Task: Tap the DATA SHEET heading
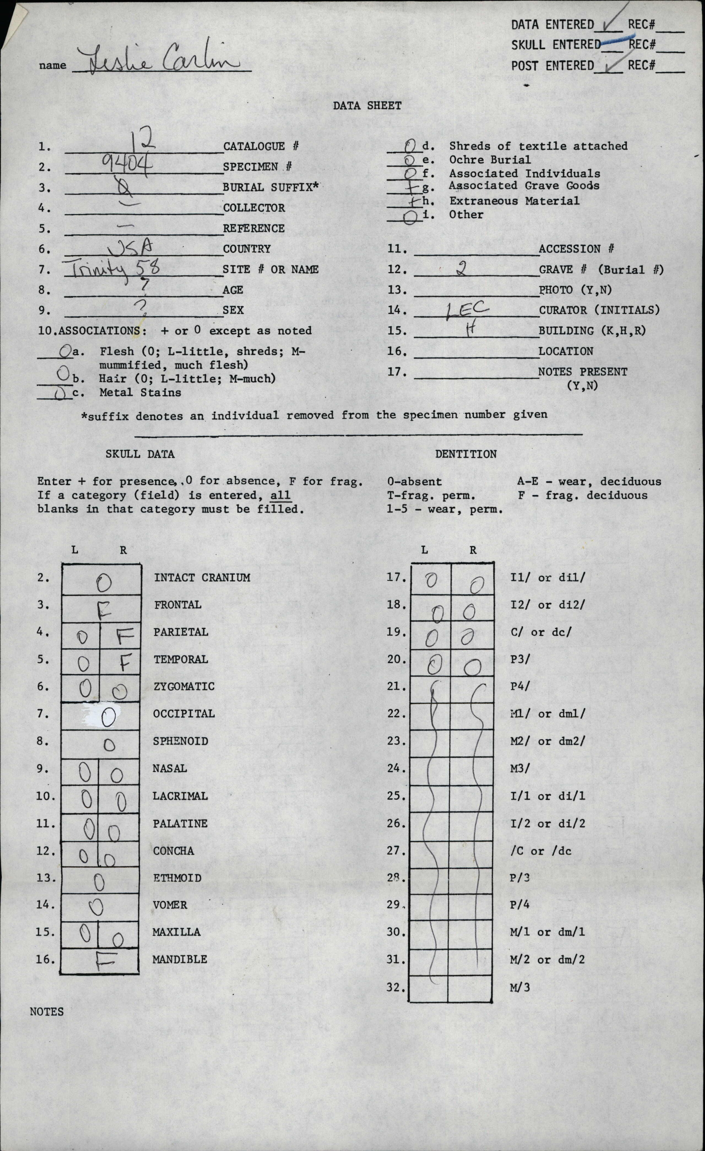[x=367, y=105]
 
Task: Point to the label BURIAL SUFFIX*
[x=270, y=187]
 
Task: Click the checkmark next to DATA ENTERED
[x=610, y=23]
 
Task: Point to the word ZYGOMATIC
[x=184, y=686]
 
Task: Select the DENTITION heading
[x=465, y=454]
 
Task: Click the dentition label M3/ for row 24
[x=519, y=768]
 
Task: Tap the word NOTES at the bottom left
[x=47, y=1011]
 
